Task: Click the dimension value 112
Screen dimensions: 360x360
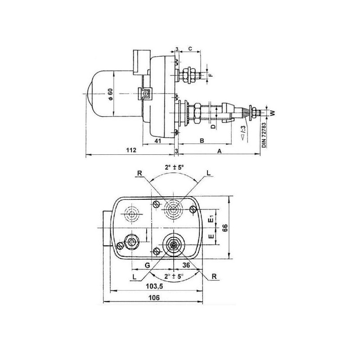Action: [131, 150]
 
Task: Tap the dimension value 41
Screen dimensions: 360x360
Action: [157, 141]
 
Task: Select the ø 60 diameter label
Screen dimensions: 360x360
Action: [111, 94]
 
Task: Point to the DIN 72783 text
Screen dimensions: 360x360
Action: [264, 135]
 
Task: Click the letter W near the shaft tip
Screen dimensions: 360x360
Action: [273, 113]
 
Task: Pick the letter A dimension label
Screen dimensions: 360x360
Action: [220, 151]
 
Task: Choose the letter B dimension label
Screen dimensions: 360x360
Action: [202, 140]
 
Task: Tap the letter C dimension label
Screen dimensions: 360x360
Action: [190, 49]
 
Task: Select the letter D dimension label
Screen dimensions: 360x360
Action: [213, 126]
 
